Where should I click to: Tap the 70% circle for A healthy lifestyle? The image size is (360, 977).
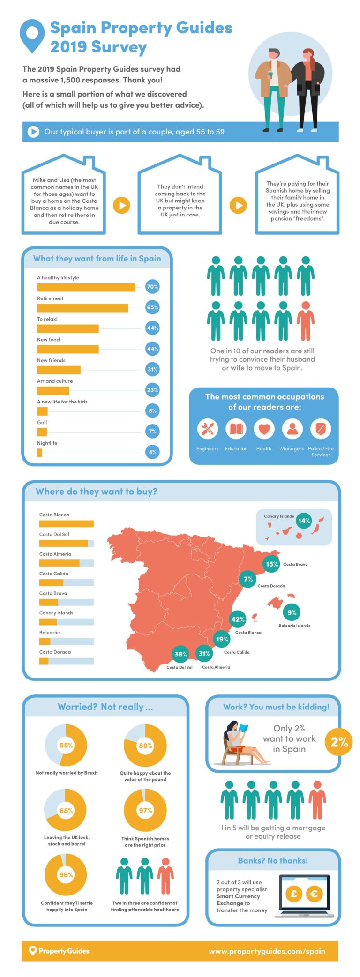point(152,287)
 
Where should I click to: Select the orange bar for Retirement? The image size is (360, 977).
point(82,308)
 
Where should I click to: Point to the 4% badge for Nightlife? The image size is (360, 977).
point(152,452)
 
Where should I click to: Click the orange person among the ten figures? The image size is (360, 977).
point(306,321)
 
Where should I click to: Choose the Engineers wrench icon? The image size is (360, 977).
point(207,428)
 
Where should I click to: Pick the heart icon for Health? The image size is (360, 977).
point(264,428)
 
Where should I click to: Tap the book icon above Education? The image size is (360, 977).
point(236,428)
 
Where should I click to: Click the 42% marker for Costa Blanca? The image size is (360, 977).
point(238,619)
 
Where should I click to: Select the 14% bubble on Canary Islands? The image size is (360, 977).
point(304,521)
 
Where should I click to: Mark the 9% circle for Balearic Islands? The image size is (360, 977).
point(292,612)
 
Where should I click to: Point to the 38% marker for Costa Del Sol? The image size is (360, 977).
point(181,654)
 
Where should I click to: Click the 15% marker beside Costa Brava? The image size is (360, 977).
point(272,564)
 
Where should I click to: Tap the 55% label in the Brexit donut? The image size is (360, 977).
point(66,745)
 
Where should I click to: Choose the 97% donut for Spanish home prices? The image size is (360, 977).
point(145,810)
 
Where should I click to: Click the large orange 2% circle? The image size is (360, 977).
point(339,742)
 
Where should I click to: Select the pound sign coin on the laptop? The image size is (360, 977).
point(294,894)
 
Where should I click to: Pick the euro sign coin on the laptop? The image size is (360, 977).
point(314,894)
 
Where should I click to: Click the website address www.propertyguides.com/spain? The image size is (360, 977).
point(267,951)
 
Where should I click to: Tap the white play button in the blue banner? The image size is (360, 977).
point(33,132)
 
